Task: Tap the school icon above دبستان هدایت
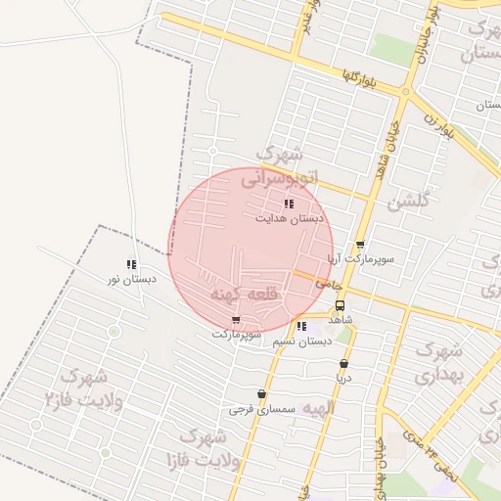tap(289, 204)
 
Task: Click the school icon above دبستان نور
tap(131, 264)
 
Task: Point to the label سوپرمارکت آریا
tap(360, 259)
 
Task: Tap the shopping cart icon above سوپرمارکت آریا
tap(360, 246)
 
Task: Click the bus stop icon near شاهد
tap(340, 304)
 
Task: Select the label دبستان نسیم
tap(303, 341)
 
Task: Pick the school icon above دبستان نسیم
tap(301, 326)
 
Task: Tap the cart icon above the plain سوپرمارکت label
tap(236, 320)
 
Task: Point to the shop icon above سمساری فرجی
tap(261, 393)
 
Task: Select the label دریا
tap(343, 377)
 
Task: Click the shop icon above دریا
tap(343, 363)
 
